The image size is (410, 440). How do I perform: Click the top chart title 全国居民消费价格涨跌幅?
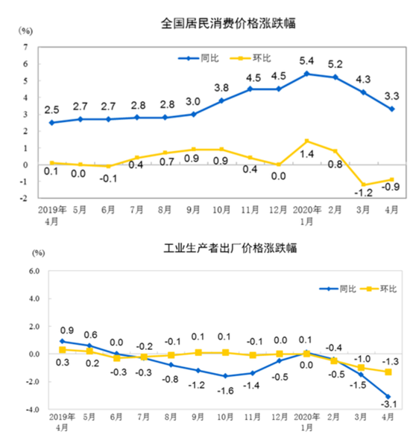coord(228,22)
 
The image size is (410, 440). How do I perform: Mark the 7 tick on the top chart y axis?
coord(26,47)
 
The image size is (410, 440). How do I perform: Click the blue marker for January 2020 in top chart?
coord(307,74)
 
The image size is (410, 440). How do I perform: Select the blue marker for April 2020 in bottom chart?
coord(388,397)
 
